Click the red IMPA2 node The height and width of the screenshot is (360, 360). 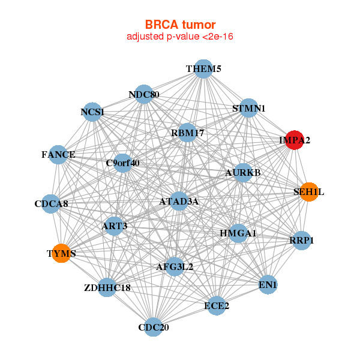(294, 140)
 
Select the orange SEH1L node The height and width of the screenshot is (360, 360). (308, 192)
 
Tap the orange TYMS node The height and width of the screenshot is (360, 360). (61, 253)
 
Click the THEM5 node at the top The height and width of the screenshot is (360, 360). (203, 68)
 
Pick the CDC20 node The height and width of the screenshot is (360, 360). (154, 327)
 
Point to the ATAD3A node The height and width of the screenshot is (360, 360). (179, 202)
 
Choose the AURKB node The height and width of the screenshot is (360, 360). (243, 173)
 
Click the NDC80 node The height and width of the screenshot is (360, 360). (144, 95)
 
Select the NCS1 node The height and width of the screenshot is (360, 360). (92, 112)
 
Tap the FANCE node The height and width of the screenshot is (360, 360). (58, 155)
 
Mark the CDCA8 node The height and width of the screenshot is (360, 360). (52, 203)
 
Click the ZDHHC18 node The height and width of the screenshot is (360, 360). (107, 288)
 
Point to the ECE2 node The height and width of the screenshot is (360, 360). (217, 305)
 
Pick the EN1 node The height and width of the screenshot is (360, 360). (268, 284)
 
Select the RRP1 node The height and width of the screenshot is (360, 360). (302, 241)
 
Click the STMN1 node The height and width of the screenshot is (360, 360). (248, 109)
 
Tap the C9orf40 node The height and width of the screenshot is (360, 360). (122, 163)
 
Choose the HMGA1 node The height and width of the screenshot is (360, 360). (238, 233)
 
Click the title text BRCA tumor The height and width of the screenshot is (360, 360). (180, 25)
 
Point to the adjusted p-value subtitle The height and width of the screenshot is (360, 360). (180, 37)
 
